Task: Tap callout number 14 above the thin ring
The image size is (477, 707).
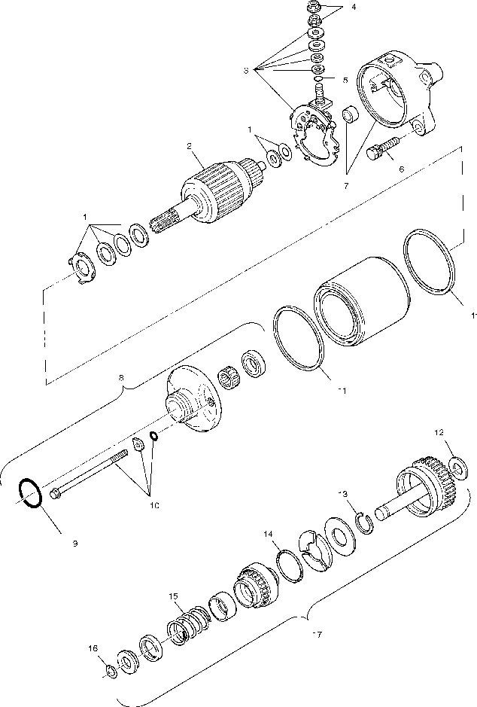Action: tap(268, 534)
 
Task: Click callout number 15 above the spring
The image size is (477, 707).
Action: tap(174, 596)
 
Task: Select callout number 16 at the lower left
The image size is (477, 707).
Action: tap(93, 647)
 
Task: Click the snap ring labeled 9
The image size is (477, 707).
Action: tap(30, 494)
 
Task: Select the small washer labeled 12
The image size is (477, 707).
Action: tap(456, 469)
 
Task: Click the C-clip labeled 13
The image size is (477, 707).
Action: tap(364, 521)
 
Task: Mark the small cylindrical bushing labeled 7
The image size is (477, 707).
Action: tap(350, 115)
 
